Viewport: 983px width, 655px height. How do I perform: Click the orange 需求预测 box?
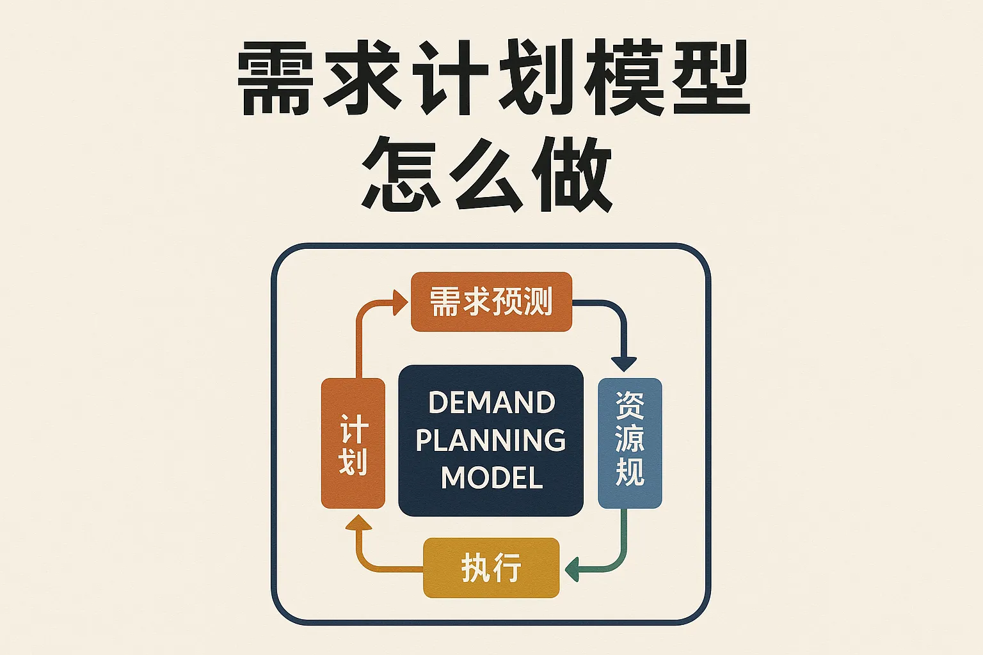point(491,301)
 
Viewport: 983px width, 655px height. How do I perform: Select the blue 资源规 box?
point(630,443)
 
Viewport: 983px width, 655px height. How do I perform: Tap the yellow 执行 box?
point(491,568)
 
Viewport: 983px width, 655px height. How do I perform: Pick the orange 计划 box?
point(353,443)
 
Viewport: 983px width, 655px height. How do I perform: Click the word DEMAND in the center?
point(491,403)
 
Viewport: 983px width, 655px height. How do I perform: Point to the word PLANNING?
point(491,440)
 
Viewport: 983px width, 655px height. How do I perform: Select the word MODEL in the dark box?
point(491,478)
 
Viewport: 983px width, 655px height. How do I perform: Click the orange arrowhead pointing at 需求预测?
point(400,302)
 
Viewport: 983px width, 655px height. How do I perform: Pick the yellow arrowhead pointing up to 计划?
point(358,525)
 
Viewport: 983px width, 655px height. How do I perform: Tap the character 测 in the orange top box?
point(536,301)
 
